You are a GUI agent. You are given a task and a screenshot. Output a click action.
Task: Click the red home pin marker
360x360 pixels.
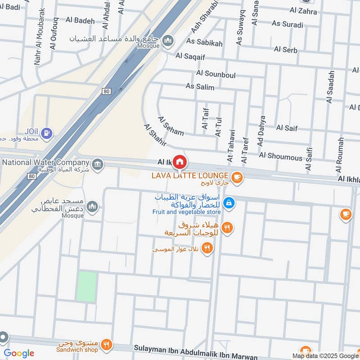[x=180, y=161]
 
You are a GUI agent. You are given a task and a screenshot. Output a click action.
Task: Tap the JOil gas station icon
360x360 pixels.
[x=46, y=133]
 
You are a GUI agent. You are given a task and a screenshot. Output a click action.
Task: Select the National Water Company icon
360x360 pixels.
[x=98, y=166]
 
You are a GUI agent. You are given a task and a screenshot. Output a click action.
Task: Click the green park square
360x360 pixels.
[x=86, y=287]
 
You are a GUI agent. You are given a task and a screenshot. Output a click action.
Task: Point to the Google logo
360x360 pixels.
[x=18, y=353]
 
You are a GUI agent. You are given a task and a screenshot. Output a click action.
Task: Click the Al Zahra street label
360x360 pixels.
[x=303, y=11]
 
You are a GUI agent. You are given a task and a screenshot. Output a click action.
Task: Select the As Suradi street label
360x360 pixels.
[x=288, y=24]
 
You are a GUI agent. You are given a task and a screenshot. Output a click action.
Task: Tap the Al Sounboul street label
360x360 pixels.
[x=216, y=74]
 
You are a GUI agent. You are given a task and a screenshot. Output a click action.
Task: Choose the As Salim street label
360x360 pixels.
[x=200, y=87]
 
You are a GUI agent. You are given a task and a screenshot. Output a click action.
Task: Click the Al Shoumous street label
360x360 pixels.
[x=281, y=157]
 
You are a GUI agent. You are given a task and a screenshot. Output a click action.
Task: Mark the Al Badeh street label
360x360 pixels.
[x=80, y=21]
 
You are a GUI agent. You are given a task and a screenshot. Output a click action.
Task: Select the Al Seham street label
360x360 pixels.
[x=171, y=126]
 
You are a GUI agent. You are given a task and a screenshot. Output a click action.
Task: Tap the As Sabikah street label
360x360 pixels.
[x=205, y=43]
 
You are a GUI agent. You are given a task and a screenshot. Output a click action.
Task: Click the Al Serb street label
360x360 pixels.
[x=285, y=49]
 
